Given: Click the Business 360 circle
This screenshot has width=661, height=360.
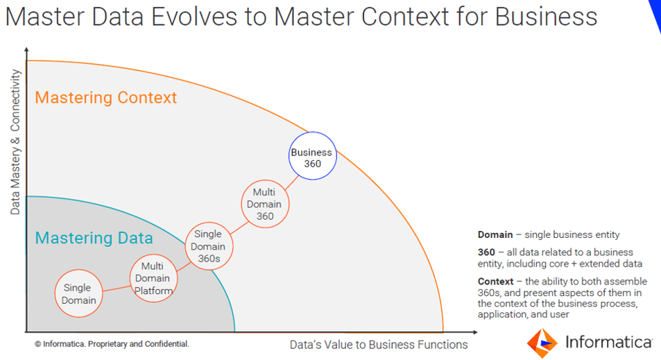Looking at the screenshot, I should (312, 157).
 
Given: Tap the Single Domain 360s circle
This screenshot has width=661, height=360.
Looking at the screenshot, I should (208, 246).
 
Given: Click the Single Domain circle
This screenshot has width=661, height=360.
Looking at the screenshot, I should (78, 293).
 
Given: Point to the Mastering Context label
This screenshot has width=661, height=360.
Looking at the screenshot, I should (106, 97).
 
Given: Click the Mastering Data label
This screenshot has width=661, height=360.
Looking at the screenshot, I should (94, 239).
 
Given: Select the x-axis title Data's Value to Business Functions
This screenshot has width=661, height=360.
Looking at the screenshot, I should (378, 345).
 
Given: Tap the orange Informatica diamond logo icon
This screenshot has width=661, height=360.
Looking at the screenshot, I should (542, 342).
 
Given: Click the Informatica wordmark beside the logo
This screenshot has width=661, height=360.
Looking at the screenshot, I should (608, 342).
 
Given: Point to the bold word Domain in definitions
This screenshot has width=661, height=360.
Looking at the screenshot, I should (495, 235).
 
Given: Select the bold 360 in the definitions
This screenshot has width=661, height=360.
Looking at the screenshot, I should (486, 252).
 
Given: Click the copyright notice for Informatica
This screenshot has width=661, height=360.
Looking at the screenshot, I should (112, 344).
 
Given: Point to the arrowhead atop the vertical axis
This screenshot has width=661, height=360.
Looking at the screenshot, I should (26, 49).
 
